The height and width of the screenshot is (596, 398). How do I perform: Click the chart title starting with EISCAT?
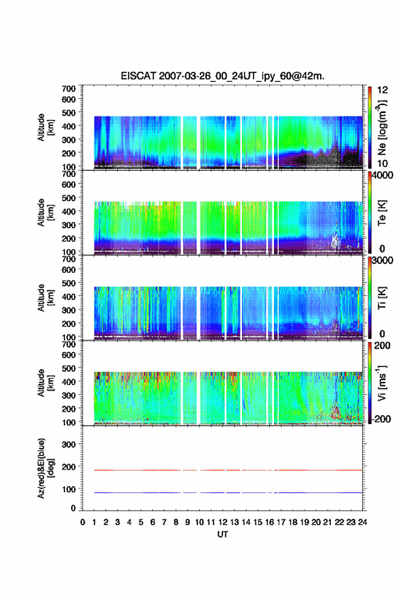click(222, 76)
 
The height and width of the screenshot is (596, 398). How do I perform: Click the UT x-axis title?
click(222, 534)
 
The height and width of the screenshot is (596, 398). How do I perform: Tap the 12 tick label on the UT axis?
click(222, 522)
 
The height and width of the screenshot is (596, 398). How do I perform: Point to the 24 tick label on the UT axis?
click(363, 522)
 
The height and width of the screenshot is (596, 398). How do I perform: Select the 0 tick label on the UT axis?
click(83, 522)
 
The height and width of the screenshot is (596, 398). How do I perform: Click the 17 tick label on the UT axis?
click(281, 522)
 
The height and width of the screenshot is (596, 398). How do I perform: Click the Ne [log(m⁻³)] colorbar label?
click(382, 128)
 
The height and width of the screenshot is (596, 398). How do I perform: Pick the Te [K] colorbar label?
click(382, 213)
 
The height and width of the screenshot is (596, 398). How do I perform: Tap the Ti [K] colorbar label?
click(382, 298)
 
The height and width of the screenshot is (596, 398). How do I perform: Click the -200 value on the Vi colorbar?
click(381, 419)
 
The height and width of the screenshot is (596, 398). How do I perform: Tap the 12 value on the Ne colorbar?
click(382, 90)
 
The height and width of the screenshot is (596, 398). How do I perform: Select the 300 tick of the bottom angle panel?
click(68, 444)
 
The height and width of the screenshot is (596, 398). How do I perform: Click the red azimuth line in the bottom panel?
click(222, 470)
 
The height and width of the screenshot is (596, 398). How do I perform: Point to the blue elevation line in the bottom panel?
click(222, 492)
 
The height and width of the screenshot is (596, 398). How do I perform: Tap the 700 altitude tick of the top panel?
click(68, 89)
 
